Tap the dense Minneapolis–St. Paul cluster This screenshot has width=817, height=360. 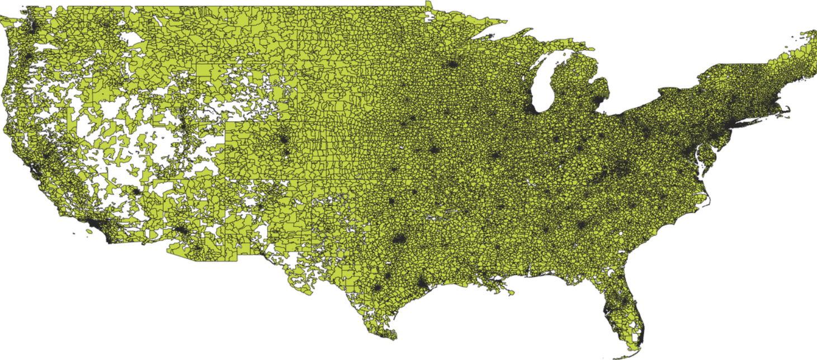[x=451, y=65]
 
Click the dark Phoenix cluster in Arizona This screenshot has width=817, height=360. [x=180, y=230]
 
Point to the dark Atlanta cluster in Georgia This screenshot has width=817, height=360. [x=582, y=226]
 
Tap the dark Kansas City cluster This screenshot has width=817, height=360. [x=433, y=150]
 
